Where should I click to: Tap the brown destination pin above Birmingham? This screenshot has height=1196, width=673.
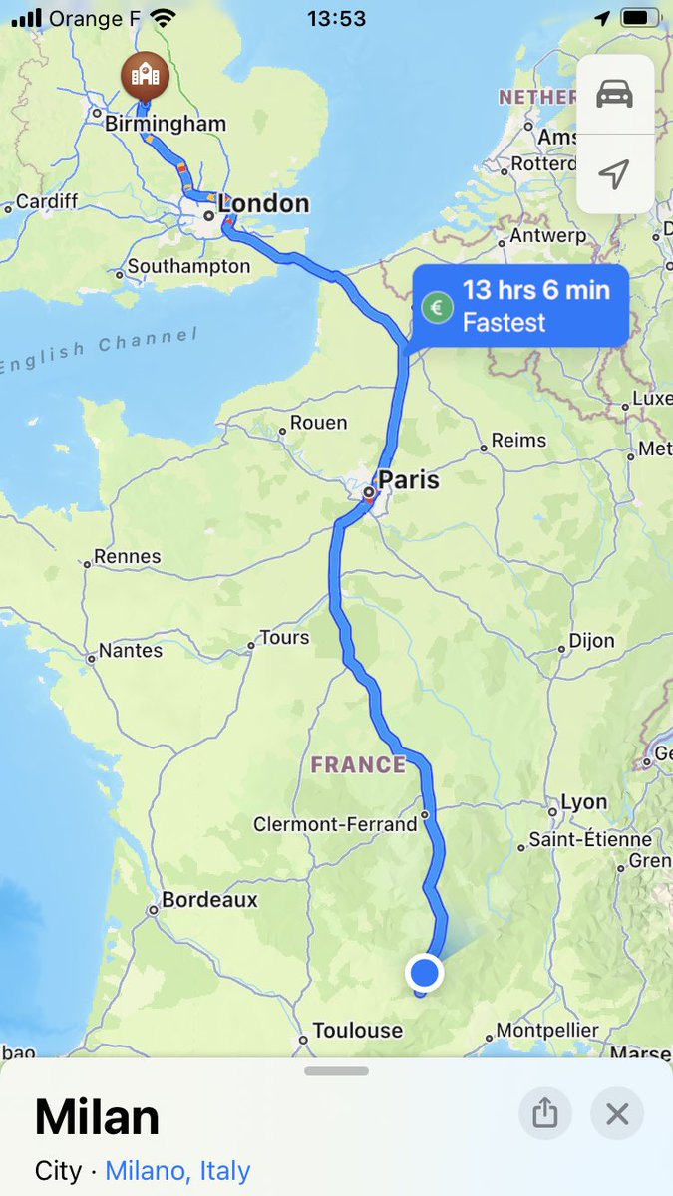(145, 76)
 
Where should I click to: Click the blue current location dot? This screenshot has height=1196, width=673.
(425, 972)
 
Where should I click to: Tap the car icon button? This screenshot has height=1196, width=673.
(615, 95)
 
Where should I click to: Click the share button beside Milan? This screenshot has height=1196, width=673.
(545, 1113)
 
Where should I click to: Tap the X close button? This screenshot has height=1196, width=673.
(617, 1113)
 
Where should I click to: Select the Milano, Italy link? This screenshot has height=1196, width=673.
(177, 1170)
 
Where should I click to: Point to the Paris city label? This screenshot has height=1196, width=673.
(408, 480)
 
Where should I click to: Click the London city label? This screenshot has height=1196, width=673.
(263, 204)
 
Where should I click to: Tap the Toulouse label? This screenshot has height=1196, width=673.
(358, 1031)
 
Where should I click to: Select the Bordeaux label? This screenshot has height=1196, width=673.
(209, 900)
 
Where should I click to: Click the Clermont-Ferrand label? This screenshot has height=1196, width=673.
(335, 825)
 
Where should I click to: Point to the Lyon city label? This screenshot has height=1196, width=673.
(583, 802)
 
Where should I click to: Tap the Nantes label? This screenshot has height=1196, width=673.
(130, 651)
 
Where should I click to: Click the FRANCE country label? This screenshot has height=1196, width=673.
(358, 765)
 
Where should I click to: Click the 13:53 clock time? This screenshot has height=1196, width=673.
(336, 18)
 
